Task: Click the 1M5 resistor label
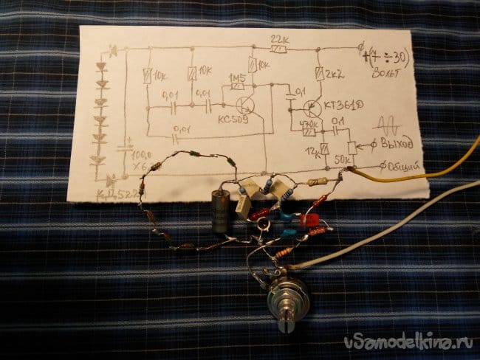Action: (x=236, y=77)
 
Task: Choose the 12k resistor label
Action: (x=312, y=152)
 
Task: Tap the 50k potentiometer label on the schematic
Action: (x=343, y=159)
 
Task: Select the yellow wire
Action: (x=414, y=176)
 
